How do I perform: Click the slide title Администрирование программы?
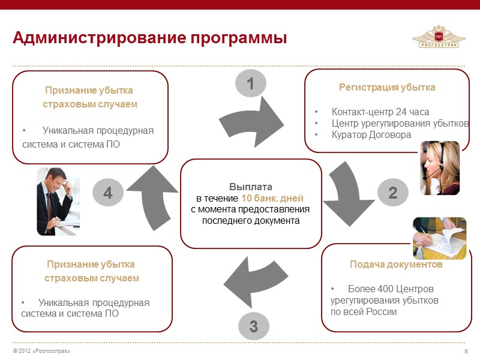[x=150, y=38]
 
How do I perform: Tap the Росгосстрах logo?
[x=439, y=37]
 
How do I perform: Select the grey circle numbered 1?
[x=251, y=83]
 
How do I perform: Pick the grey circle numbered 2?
[x=392, y=193]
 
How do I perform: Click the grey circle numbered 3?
[x=253, y=326]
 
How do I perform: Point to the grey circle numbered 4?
[x=107, y=193]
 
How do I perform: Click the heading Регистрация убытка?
[x=387, y=87]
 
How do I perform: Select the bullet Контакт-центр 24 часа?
[x=380, y=112]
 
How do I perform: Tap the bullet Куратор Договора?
[x=371, y=135]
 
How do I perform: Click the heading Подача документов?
[x=396, y=265]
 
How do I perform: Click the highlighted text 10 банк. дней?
[x=272, y=198]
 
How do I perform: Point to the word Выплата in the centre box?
[x=251, y=187]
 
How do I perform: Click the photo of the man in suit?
[x=58, y=201]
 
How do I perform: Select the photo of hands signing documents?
[x=439, y=238]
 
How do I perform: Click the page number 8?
[x=466, y=351]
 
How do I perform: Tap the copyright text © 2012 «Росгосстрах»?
[x=41, y=351]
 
